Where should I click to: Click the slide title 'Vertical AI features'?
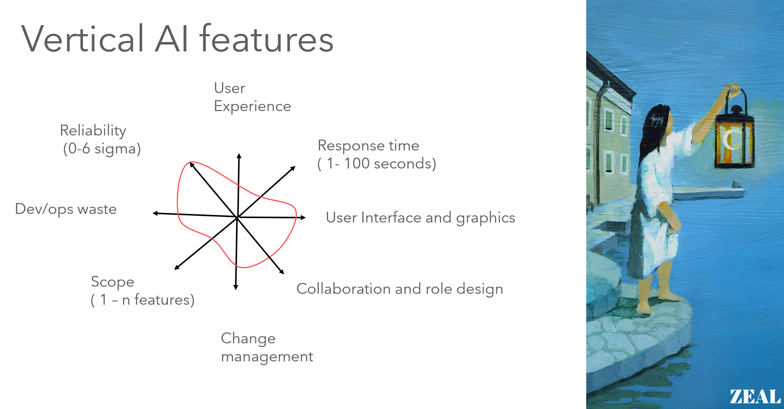tap(177, 39)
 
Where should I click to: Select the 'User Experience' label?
tap(252, 97)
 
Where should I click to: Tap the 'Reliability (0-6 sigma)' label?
tap(101, 140)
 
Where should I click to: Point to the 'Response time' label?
tap(368, 146)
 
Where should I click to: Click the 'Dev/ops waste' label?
tap(66, 209)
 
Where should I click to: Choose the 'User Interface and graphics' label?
tap(420, 218)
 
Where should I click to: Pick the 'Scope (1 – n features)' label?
tap(142, 291)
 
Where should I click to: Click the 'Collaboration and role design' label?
tap(399, 289)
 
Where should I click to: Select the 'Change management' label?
tap(266, 347)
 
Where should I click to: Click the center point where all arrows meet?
tap(237, 217)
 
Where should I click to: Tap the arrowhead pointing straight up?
tap(239, 156)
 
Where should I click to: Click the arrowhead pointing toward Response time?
tap(293, 168)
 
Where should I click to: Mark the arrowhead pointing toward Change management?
tap(236, 287)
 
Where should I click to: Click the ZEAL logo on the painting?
tap(755, 397)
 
